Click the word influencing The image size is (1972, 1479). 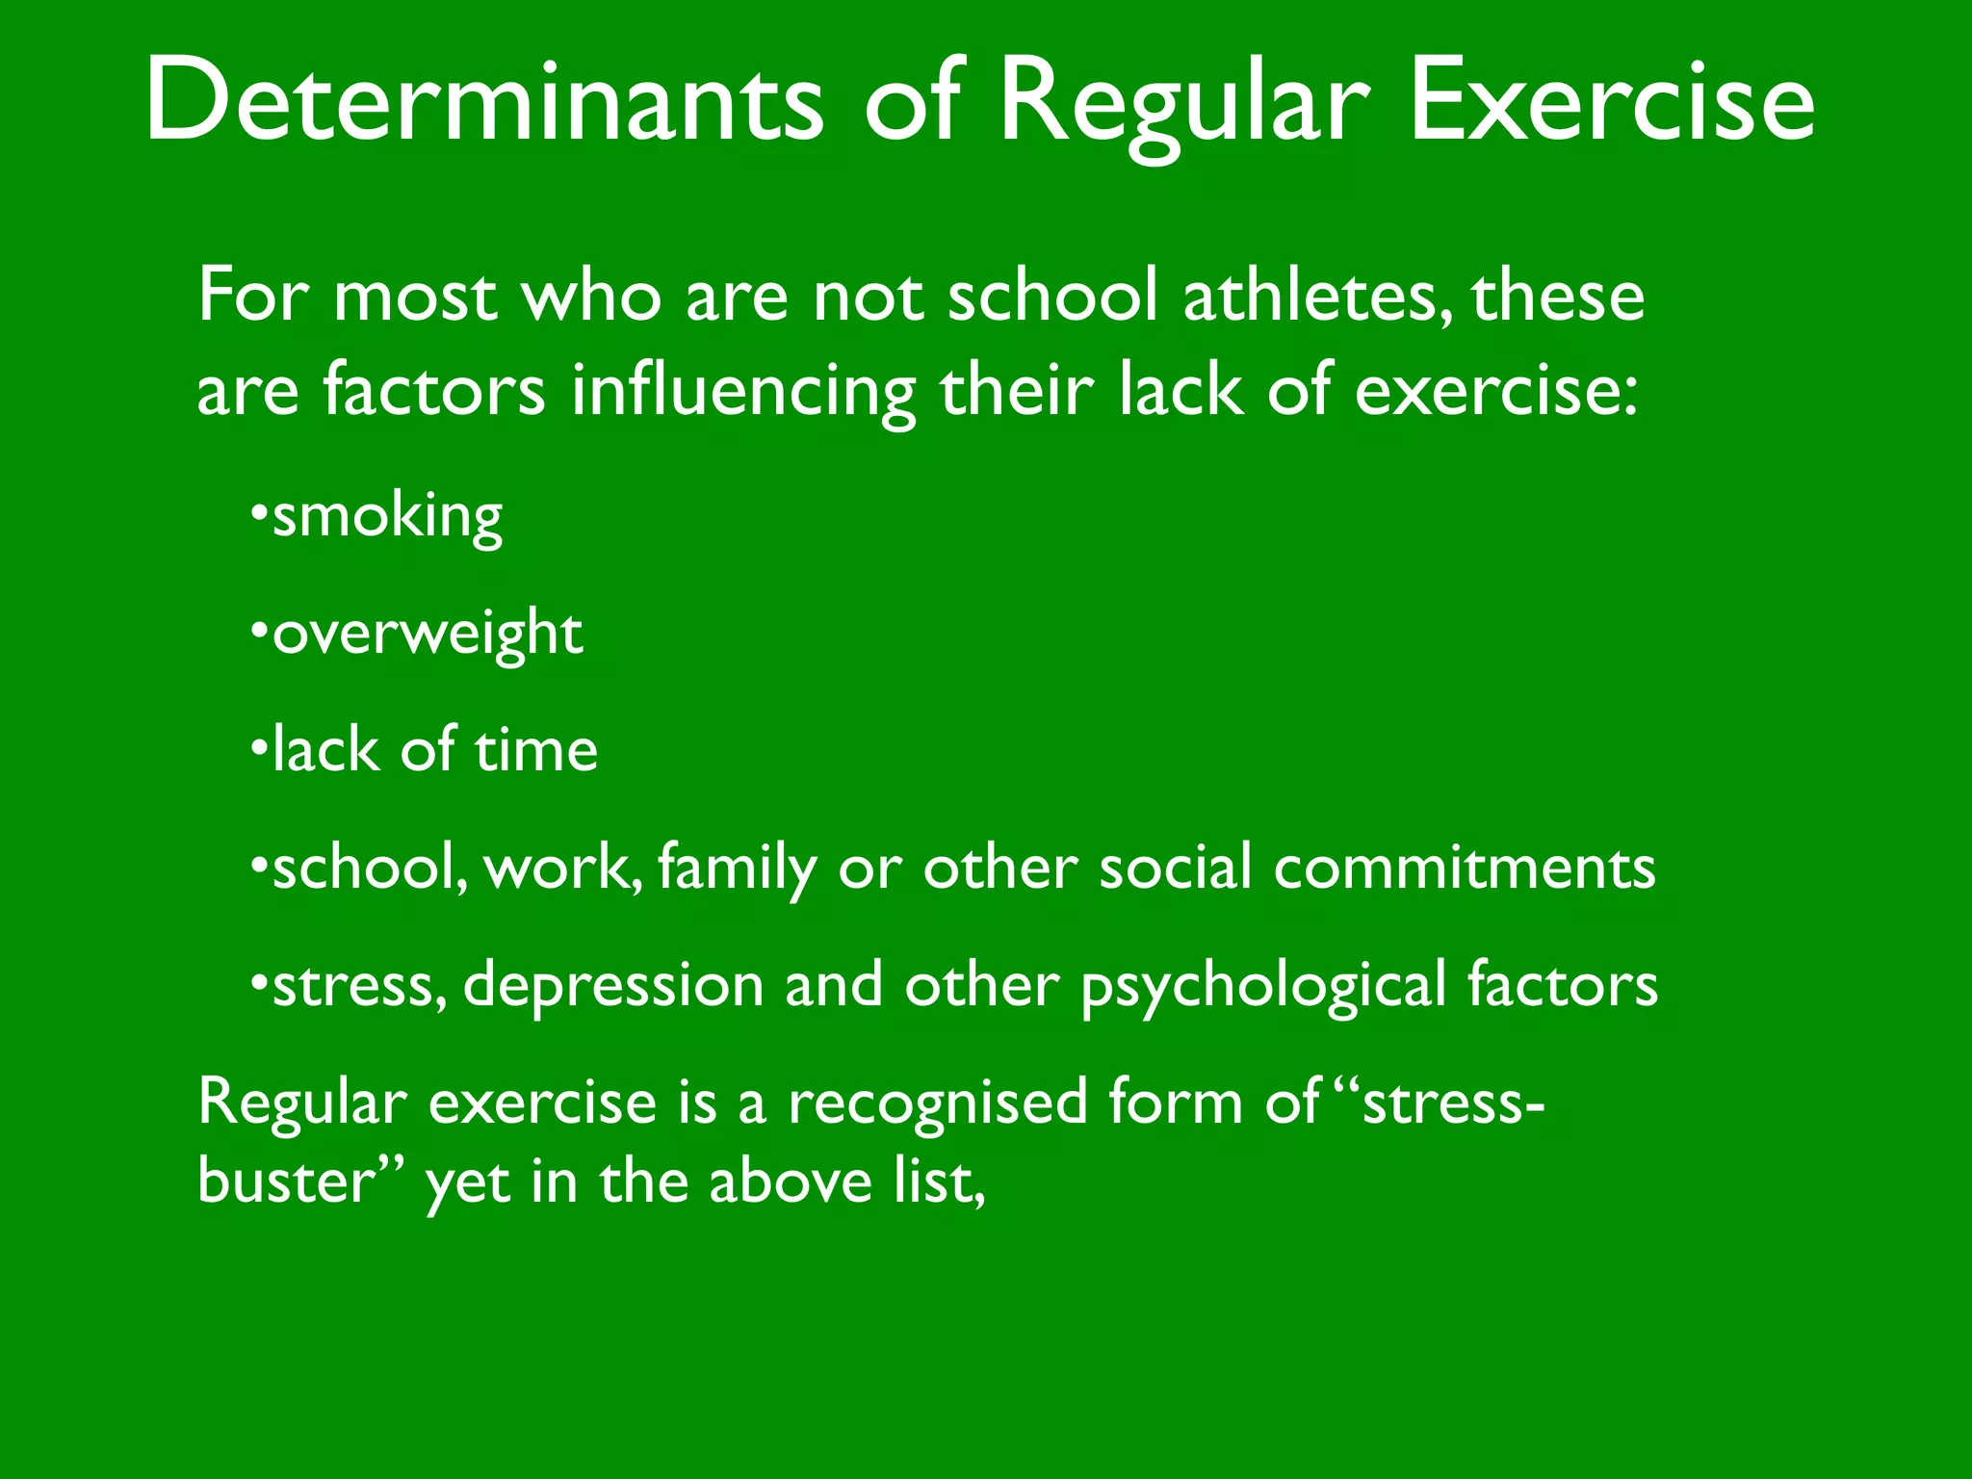pyautogui.click(x=742, y=392)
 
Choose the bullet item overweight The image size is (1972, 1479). pyautogui.click(x=428, y=635)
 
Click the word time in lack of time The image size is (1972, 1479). pyautogui.click(x=535, y=750)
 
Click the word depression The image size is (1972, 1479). pyautogui.click(x=613, y=985)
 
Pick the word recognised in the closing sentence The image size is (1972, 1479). pyautogui.click(x=938, y=1103)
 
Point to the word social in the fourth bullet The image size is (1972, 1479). pyautogui.click(x=1176, y=868)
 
